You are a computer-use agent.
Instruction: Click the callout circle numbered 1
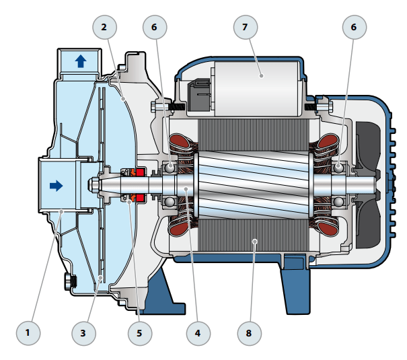click(28, 332)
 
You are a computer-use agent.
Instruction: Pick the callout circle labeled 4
click(198, 332)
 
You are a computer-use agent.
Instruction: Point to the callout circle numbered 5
click(140, 332)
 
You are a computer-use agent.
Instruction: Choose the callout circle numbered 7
click(246, 28)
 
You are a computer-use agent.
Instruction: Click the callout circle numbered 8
click(250, 332)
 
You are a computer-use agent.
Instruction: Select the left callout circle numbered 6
click(155, 28)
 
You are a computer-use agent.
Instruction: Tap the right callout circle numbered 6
click(355, 28)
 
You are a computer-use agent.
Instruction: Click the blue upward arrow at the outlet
click(81, 61)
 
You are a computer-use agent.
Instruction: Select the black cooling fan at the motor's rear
click(370, 181)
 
